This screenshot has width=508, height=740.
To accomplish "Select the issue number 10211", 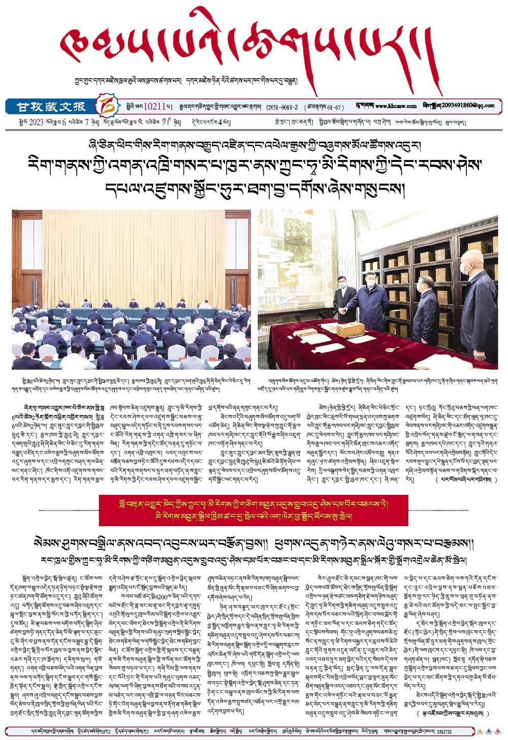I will tap(154, 107).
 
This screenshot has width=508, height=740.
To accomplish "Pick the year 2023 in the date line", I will tap(36, 122).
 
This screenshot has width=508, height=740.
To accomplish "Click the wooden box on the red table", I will tap(351, 330).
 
